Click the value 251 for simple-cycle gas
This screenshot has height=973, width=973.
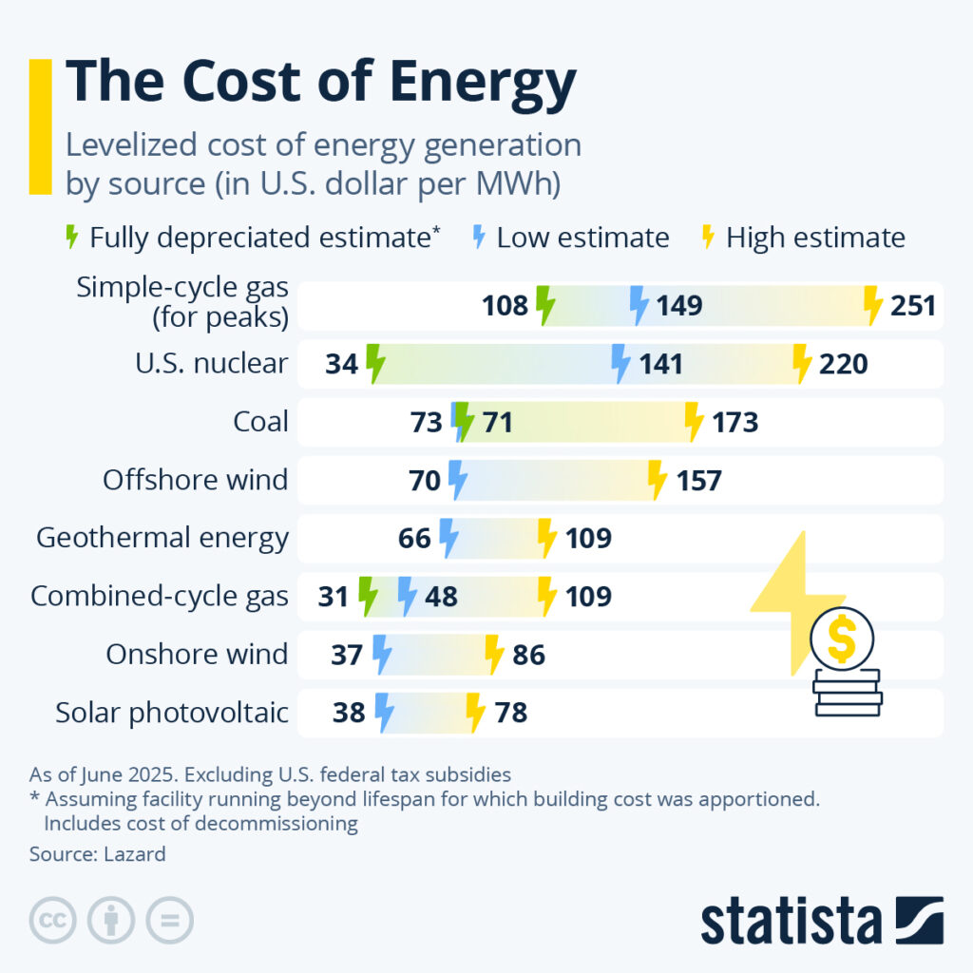(913, 306)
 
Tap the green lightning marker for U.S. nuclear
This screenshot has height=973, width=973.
(375, 364)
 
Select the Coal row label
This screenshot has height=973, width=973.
(260, 422)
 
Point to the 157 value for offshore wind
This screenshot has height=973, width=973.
(698, 481)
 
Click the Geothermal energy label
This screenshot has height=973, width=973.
(162, 539)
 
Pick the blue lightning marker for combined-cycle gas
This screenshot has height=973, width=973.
(408, 597)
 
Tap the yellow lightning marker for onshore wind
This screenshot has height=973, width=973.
(493, 655)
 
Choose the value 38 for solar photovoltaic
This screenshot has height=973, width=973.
(350, 713)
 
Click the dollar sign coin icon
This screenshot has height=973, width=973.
(841, 639)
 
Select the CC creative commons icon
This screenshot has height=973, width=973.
(53, 920)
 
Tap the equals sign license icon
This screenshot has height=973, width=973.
(169, 920)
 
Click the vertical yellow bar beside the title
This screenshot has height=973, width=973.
(40, 126)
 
